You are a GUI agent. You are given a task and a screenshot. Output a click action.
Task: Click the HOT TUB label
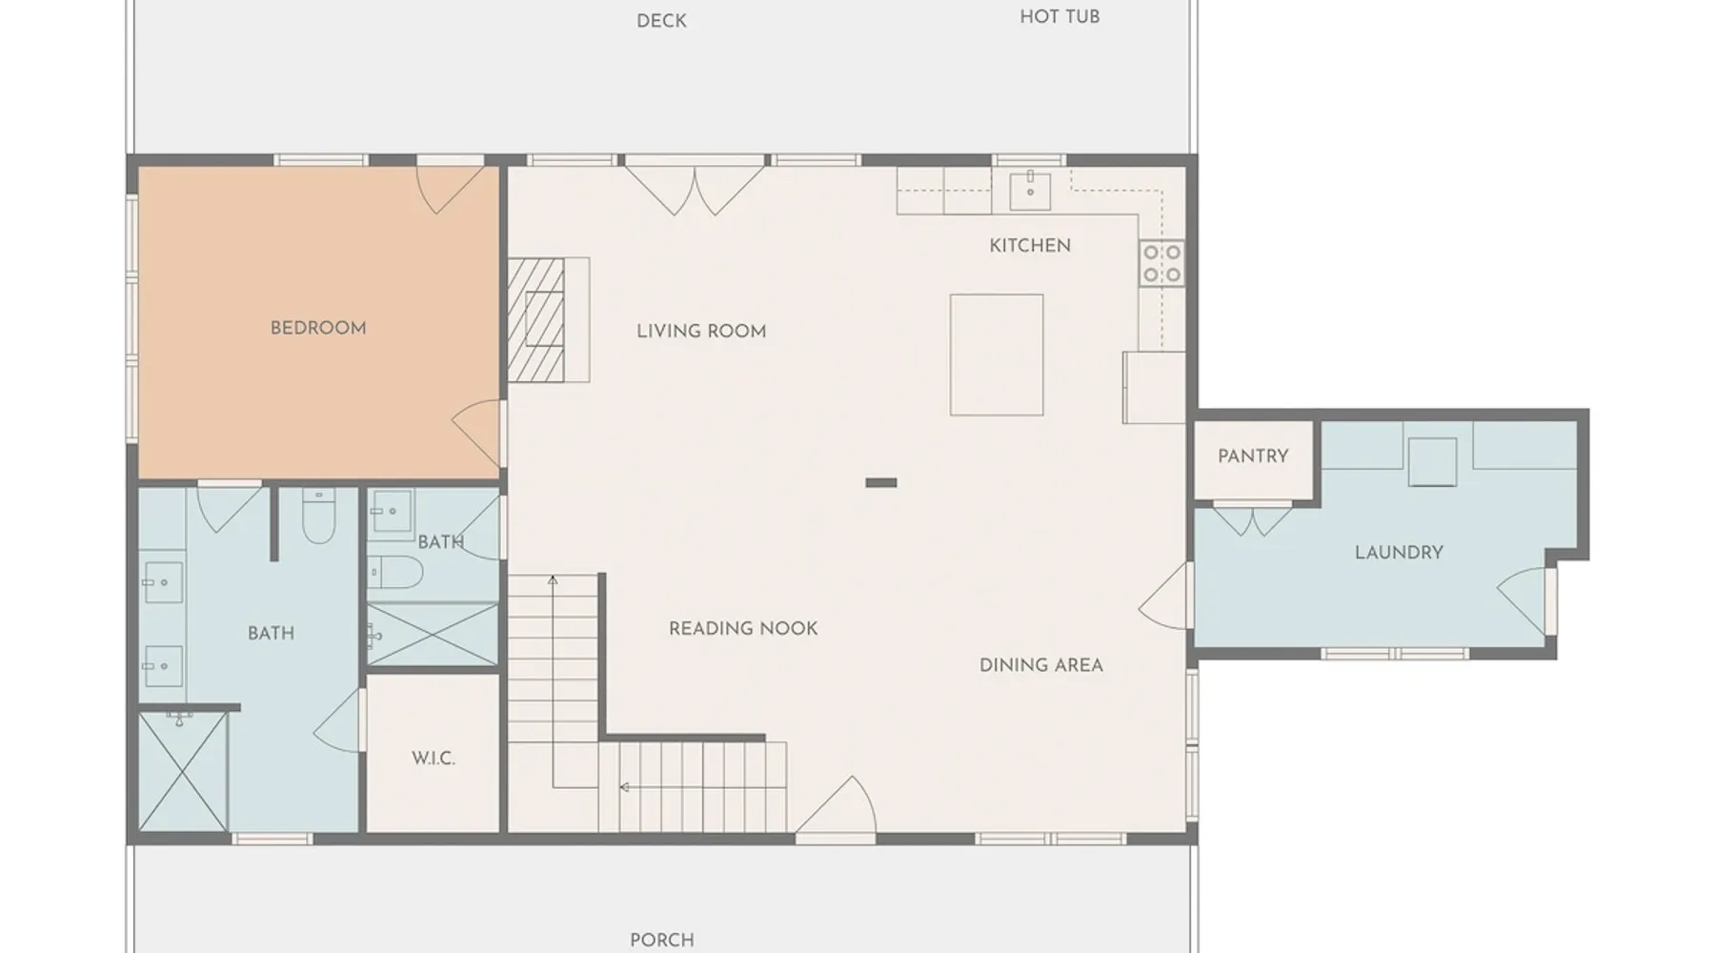[x=1059, y=17]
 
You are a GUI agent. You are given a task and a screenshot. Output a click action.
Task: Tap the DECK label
[x=661, y=21]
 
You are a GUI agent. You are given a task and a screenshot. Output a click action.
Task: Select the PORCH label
[x=662, y=940]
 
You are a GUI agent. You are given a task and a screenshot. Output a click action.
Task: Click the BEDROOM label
[x=318, y=328]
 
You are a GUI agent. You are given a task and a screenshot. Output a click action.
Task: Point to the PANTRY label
[x=1253, y=456]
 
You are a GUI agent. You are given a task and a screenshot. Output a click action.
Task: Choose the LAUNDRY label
[x=1399, y=553]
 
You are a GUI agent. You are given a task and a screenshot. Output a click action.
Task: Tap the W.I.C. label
[x=434, y=759]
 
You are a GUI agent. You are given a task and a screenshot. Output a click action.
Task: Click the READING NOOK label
[x=743, y=629]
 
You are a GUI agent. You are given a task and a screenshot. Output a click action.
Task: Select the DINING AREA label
[x=1041, y=665]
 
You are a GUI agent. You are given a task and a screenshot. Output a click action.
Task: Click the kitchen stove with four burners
[x=1162, y=263]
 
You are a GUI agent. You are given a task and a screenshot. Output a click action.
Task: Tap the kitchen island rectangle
[x=997, y=355]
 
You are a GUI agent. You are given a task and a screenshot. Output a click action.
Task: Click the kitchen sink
[x=1030, y=191]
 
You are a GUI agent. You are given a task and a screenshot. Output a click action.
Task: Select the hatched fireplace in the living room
[x=536, y=319]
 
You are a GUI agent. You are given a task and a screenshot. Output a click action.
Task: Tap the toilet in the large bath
[x=318, y=516]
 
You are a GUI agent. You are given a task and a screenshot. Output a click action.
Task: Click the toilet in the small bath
[x=395, y=572]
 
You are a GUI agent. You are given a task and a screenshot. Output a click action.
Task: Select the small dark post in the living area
[x=881, y=483]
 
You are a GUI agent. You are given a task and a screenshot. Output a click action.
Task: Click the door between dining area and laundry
[x=1166, y=596]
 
